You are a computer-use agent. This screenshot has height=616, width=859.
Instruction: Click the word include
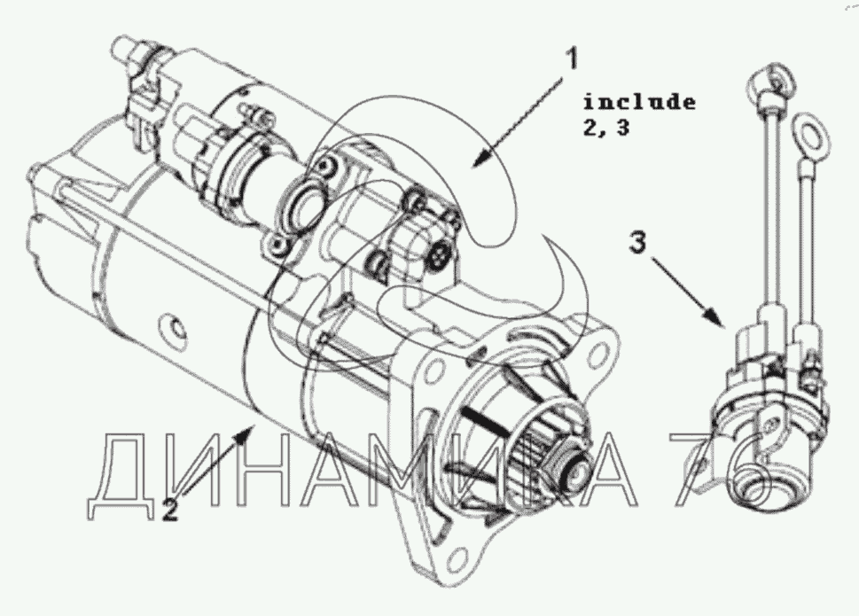click(x=639, y=102)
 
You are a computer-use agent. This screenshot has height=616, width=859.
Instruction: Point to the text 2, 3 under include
click(x=605, y=129)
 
